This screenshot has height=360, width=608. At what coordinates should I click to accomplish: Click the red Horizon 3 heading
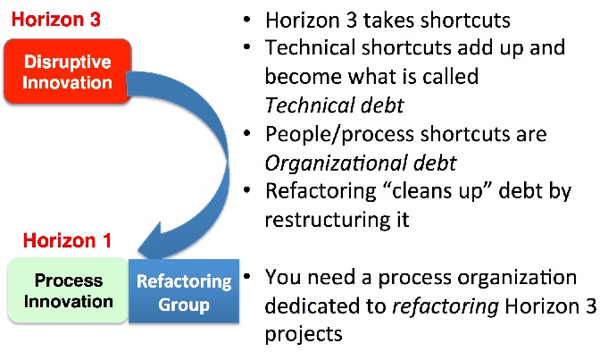[56, 20]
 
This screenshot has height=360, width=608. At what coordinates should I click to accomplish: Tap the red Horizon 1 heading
[67, 240]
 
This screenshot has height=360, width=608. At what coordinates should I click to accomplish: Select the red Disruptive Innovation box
[68, 71]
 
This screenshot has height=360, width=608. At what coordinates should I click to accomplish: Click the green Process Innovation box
[68, 290]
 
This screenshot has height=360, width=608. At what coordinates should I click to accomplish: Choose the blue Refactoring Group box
[184, 291]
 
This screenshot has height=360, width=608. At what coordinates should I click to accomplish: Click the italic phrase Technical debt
[334, 105]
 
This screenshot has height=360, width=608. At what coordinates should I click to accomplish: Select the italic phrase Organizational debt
[361, 163]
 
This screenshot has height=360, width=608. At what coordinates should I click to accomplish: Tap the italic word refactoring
[446, 306]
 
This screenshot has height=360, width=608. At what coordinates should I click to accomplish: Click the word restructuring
[323, 220]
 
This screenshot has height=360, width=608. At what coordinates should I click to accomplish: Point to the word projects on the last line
[304, 334]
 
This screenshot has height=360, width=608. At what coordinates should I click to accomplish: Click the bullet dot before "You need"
[247, 277]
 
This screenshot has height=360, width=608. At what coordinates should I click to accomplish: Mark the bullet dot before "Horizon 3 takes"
[247, 19]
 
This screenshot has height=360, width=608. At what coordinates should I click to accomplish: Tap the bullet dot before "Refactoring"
[247, 190]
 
